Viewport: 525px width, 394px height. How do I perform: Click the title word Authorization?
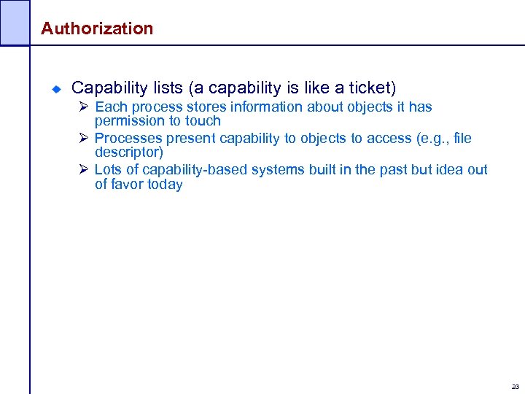pyautogui.click(x=97, y=28)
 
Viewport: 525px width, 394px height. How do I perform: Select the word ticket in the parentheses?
pyautogui.click(x=370, y=88)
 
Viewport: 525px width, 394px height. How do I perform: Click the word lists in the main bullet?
pyautogui.click(x=168, y=88)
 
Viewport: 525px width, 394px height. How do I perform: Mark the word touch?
pyautogui.click(x=203, y=121)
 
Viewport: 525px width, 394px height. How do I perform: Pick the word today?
pyautogui.click(x=165, y=184)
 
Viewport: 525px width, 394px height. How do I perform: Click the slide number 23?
pyautogui.click(x=516, y=386)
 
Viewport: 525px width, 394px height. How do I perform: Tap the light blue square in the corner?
pyautogui.click(x=15, y=22)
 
